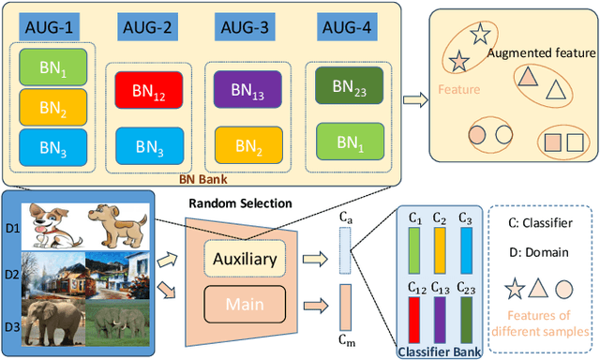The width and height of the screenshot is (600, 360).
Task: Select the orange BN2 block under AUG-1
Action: tap(52, 106)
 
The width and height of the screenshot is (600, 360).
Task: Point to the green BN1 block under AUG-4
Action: tap(346, 142)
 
